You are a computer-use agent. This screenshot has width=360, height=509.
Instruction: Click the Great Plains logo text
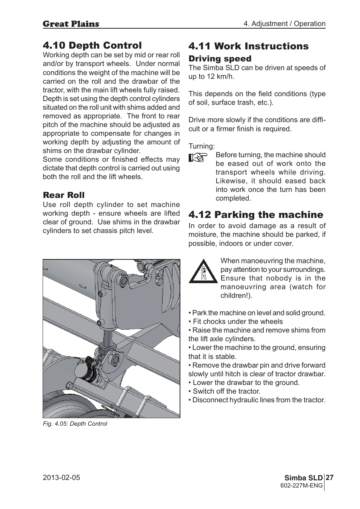pos(71,24)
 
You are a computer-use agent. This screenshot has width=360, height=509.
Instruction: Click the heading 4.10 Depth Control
pos(92,45)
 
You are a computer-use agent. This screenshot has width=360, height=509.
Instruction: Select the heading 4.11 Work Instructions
pos(248,46)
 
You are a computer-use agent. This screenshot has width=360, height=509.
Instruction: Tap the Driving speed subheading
pos(220,58)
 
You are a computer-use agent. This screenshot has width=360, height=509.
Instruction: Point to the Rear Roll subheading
pos(63,195)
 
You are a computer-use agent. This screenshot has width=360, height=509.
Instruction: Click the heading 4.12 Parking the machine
pos(255,215)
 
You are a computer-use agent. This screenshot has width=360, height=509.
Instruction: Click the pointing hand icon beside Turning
pos(198,158)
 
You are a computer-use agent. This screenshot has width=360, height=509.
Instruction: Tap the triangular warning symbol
pos(203,271)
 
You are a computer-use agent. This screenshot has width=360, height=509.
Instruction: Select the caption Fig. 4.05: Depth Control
pos(75,423)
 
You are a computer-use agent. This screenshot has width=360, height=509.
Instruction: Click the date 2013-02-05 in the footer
pos(62,477)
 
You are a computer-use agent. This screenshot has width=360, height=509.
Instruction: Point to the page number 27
pos(329,477)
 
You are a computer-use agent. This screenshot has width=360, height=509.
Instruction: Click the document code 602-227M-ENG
pos(302,486)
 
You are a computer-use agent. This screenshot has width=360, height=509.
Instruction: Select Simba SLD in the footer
pos(309,478)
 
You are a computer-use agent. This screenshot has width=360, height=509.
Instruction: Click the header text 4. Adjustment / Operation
pos(284,24)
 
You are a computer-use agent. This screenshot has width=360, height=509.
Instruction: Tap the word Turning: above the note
pos(202,146)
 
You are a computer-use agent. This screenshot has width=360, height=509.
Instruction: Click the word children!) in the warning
pos(236,296)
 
